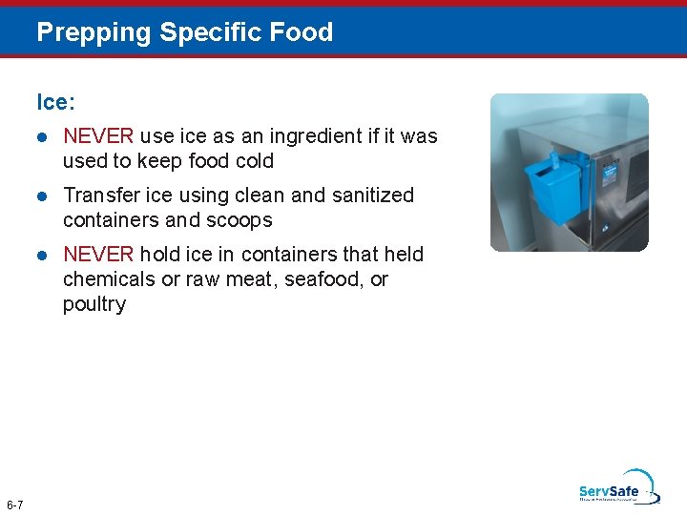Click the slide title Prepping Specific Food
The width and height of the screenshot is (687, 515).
pyautogui.click(x=184, y=32)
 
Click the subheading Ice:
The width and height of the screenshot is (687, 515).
pyautogui.click(x=55, y=101)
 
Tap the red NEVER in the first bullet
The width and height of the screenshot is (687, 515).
pyautogui.click(x=98, y=136)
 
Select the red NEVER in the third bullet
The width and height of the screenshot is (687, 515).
pyautogui.click(x=98, y=255)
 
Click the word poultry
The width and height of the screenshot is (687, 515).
pyautogui.click(x=94, y=304)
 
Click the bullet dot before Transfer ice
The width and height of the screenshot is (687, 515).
pyautogui.click(x=42, y=196)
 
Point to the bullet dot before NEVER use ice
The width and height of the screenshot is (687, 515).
pyautogui.click(x=42, y=137)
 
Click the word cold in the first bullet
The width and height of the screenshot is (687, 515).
pyautogui.click(x=254, y=161)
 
